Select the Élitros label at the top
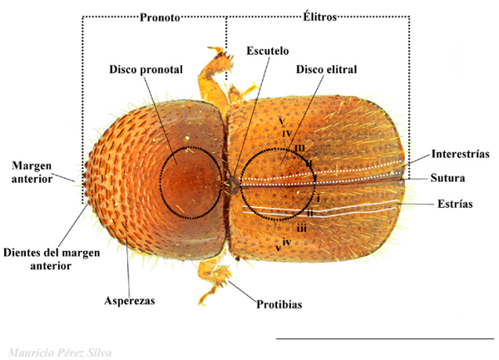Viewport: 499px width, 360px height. pos(316,17)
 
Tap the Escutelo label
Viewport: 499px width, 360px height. pos(266,51)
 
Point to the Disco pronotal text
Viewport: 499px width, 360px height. pos(146,69)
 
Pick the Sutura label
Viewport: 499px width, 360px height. pos(447,178)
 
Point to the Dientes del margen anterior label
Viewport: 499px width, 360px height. pos(38,259)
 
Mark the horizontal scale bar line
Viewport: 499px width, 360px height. pos(383,339)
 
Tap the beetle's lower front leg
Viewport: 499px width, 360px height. pos(215,279)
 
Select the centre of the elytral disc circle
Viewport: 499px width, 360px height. pos(279,183)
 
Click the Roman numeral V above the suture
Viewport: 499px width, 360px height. pos(284,122)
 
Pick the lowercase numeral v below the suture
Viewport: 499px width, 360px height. pos(277,248)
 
